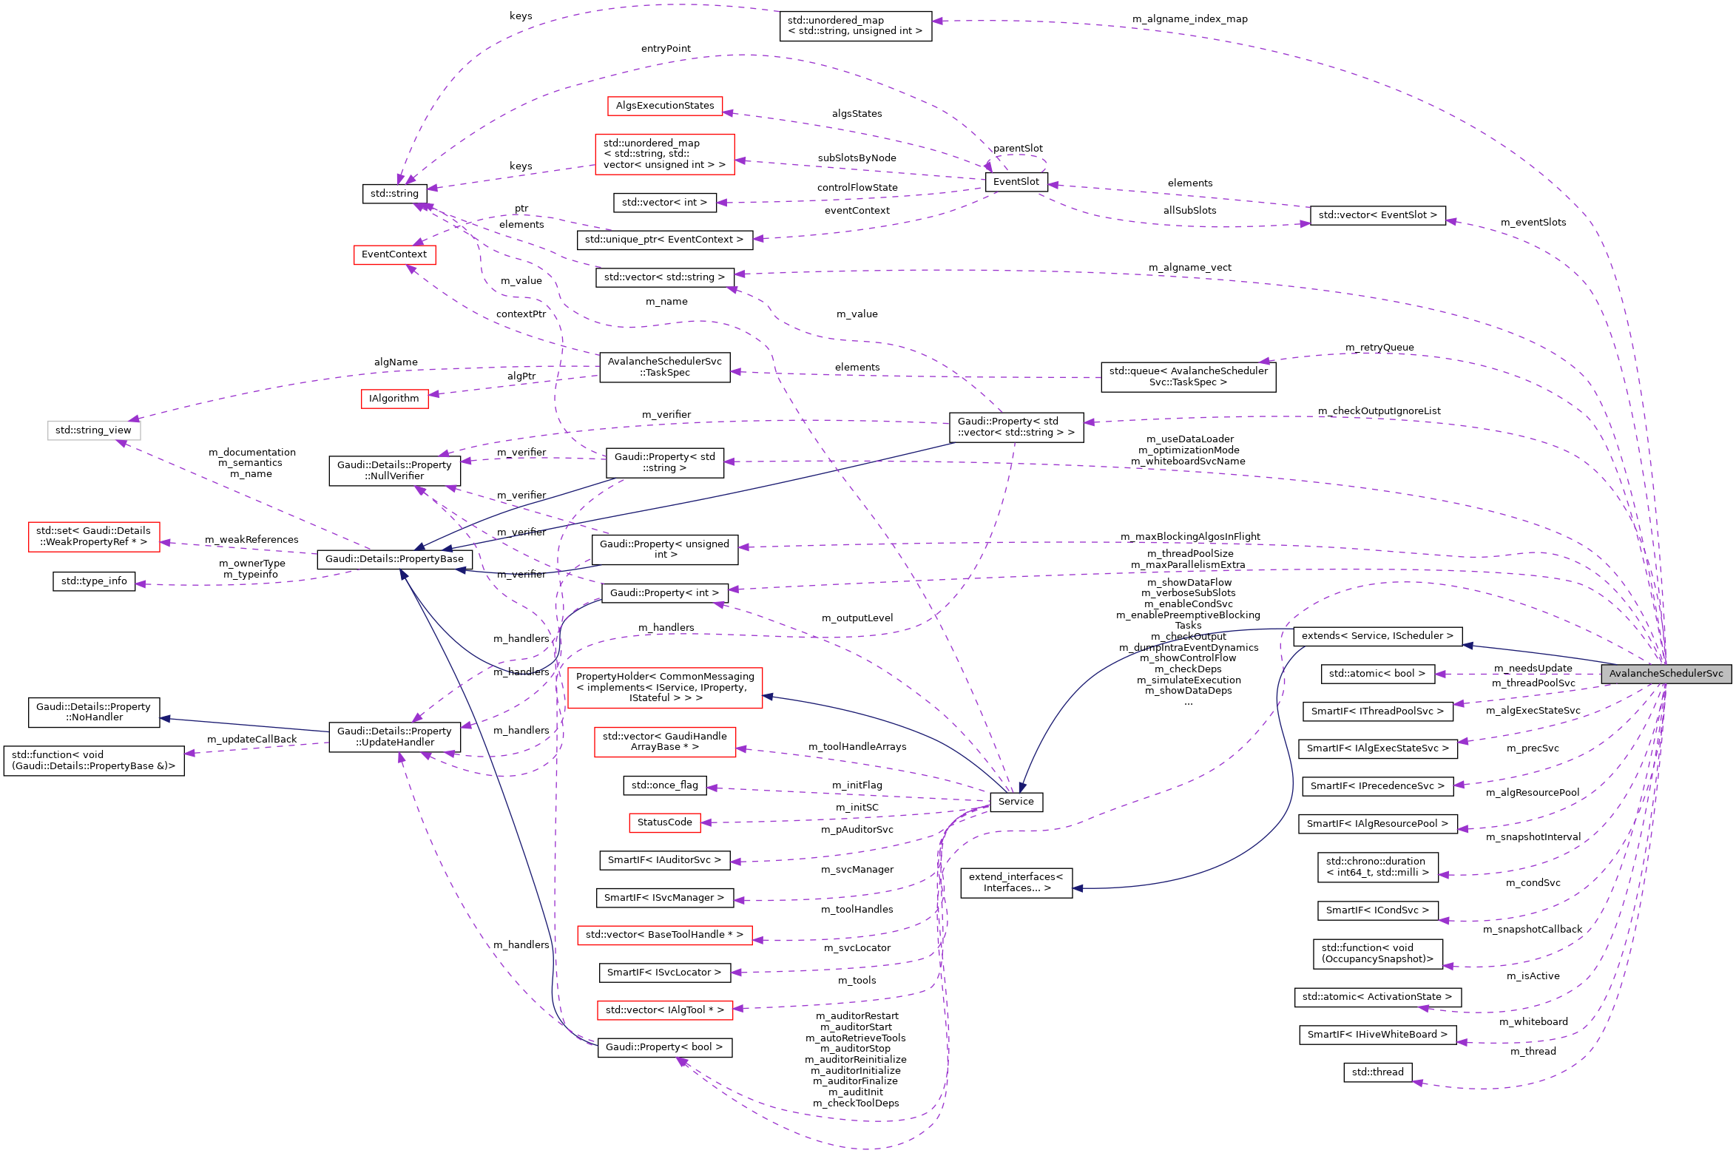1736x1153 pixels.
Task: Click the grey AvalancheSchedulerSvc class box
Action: tap(1666, 674)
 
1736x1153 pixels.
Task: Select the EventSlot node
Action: tap(1016, 182)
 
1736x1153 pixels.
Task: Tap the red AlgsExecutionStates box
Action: tap(664, 106)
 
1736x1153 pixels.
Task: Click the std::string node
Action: tap(394, 194)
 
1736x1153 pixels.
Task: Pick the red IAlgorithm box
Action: tap(394, 399)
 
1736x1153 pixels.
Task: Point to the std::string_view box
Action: tap(93, 430)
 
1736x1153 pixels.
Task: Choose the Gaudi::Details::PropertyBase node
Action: tap(394, 559)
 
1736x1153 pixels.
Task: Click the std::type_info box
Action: tap(94, 581)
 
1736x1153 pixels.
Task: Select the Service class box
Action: tap(1016, 802)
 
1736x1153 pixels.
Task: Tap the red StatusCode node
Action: tap(664, 822)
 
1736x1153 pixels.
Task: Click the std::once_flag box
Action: tap(664, 785)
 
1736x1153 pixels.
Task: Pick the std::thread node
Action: tap(1377, 1072)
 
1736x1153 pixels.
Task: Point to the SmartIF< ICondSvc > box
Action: tap(1377, 910)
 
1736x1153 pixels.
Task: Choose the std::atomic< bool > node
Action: tap(1377, 674)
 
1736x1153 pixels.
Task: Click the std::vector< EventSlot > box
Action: tap(1377, 215)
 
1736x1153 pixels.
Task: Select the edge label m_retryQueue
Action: tap(1379, 348)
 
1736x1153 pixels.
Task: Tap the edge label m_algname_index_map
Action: tap(1189, 19)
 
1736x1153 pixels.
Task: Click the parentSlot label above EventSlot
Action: tap(1018, 149)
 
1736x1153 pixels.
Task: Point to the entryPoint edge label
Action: tap(666, 49)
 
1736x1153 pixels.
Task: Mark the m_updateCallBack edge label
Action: tap(251, 740)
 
